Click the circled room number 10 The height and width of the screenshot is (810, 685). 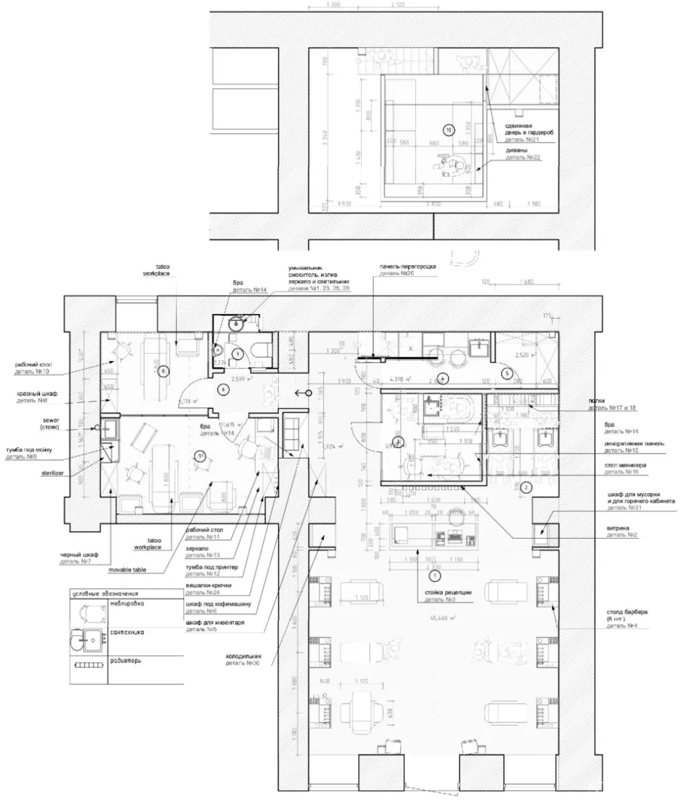(x=449, y=129)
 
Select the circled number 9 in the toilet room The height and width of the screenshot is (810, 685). (x=237, y=354)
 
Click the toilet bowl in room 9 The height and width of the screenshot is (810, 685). (x=258, y=350)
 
